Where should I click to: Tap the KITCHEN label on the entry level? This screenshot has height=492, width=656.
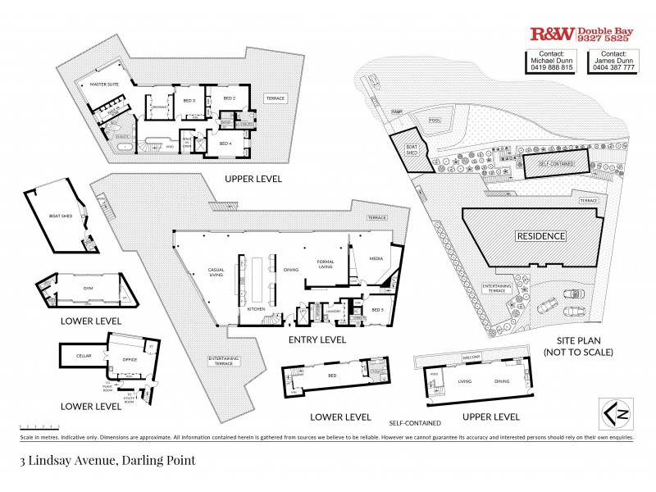click(255, 309)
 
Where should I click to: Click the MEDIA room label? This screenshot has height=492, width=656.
click(376, 257)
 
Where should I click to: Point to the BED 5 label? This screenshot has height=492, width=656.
click(378, 311)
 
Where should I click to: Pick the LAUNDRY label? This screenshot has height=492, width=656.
click(332, 311)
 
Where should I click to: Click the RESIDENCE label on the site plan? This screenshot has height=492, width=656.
click(540, 236)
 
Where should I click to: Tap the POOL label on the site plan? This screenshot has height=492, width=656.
click(435, 121)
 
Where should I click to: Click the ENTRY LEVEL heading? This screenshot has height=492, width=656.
click(318, 339)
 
